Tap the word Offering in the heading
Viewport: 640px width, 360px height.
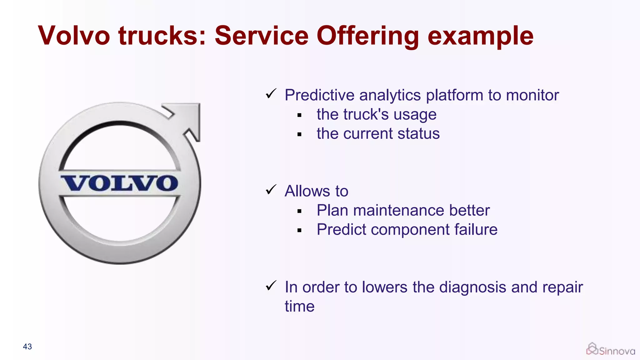pyautogui.click(x=367, y=36)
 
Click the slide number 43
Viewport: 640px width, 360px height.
pyautogui.click(x=27, y=347)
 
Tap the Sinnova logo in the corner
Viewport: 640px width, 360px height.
pyautogui.click(x=610, y=350)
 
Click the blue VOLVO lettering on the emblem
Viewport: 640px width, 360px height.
pyautogui.click(x=120, y=183)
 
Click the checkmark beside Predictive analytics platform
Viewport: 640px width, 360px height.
pyautogui.click(x=271, y=93)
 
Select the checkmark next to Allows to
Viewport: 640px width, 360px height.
pyautogui.click(x=271, y=189)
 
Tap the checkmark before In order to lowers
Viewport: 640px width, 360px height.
pyautogui.click(x=271, y=285)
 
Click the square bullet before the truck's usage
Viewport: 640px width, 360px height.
pyautogui.click(x=299, y=115)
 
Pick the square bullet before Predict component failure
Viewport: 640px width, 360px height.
pyautogui.click(x=299, y=231)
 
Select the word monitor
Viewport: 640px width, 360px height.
pyautogui.click(x=532, y=95)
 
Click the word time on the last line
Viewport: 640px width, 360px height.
pyautogui.click(x=299, y=306)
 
